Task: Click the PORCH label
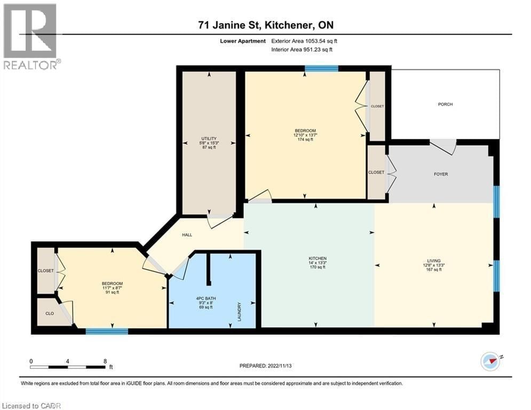pyautogui.click(x=445, y=104)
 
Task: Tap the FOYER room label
pyautogui.click(x=441, y=174)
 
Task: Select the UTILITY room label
pyautogui.click(x=209, y=138)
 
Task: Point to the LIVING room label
pyautogui.click(x=433, y=261)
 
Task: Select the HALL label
pyautogui.click(x=187, y=234)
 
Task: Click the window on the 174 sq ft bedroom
pyautogui.click(x=321, y=68)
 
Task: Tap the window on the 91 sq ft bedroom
pyautogui.click(x=107, y=331)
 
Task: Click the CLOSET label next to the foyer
pyautogui.click(x=376, y=172)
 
